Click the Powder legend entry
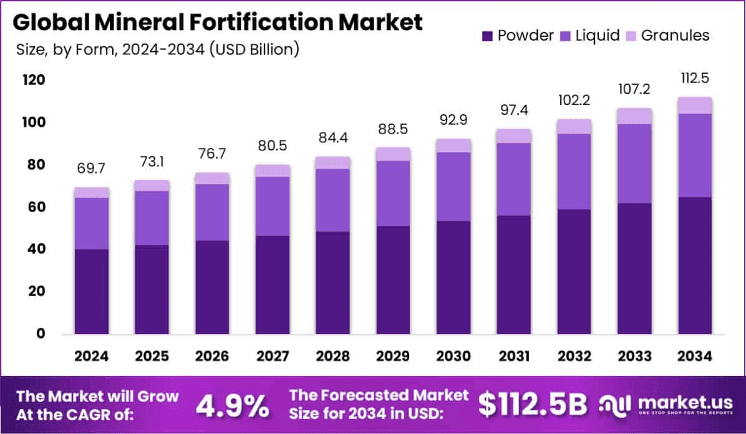tap(518, 36)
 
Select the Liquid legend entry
tap(590, 36)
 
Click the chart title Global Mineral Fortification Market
tap(217, 22)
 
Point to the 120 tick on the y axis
tap(35, 80)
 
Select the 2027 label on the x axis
tap(273, 356)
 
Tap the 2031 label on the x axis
tap(513, 356)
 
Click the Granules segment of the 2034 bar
tap(695, 106)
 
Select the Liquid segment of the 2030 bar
tap(453, 187)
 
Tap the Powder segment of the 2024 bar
tap(91, 292)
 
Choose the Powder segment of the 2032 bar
tap(574, 272)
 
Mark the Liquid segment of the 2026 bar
tap(212, 212)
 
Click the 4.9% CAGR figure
tap(233, 406)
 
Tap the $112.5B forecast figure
tap(533, 405)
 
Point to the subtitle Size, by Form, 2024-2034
tap(156, 49)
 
